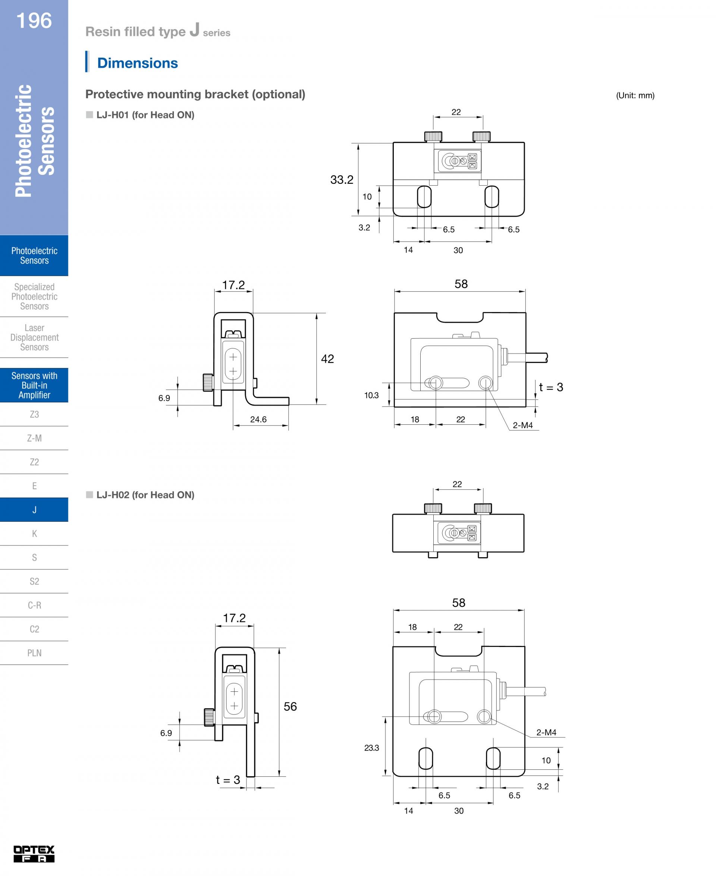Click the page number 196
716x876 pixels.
coord(34,21)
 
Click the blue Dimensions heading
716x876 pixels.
coord(137,63)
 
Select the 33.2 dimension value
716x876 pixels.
coord(342,180)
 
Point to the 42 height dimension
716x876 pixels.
coord(327,359)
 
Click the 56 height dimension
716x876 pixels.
coord(290,706)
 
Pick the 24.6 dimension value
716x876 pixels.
coord(258,420)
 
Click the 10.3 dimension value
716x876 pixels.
coord(371,396)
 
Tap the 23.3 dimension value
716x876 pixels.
coord(371,748)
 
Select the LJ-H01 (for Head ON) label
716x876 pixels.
coord(145,115)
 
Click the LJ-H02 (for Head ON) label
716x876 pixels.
coord(145,495)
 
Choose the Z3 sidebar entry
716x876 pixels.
coord(34,414)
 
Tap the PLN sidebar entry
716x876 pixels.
coord(34,653)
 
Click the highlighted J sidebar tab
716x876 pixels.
coord(34,510)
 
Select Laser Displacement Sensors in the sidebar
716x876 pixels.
coord(34,337)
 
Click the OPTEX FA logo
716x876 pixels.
coord(34,854)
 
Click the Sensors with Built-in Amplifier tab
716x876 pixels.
coord(34,385)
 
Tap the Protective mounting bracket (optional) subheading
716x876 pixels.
coord(195,94)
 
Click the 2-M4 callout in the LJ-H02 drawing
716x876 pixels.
coord(546,732)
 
